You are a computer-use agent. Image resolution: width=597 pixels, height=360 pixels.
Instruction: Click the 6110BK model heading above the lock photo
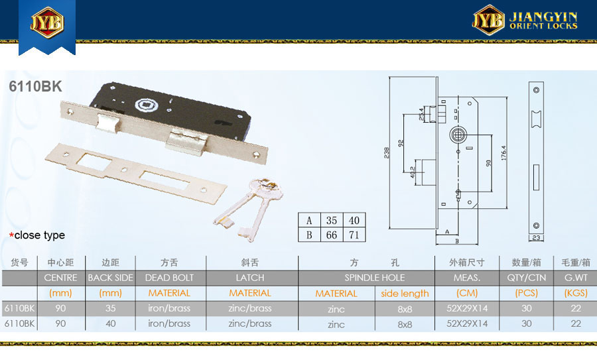point(35,86)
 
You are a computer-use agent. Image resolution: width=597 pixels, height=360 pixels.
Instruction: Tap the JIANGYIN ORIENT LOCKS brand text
point(543,21)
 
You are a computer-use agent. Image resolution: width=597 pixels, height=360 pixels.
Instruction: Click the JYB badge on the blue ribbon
point(47,22)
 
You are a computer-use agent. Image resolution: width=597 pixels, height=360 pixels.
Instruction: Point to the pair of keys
point(248,210)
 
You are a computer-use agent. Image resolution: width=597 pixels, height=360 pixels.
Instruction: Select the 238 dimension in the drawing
point(387,152)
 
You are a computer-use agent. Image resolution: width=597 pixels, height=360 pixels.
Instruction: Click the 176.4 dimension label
point(503,152)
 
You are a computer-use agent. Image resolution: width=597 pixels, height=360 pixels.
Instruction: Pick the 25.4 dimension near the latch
point(421,114)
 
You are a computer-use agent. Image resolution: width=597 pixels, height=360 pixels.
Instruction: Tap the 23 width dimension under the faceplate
point(536,238)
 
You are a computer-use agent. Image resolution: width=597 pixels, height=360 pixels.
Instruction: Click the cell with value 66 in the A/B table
point(332,235)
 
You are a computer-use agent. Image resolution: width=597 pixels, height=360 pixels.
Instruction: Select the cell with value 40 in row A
point(354,220)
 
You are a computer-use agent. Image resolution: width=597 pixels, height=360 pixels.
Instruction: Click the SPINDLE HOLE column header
point(375,278)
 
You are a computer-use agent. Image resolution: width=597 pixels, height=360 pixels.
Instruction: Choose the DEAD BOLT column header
point(169,278)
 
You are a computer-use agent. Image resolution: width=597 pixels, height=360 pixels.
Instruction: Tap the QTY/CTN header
point(526,278)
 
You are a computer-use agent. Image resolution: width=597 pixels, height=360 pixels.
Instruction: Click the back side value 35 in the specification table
point(110,308)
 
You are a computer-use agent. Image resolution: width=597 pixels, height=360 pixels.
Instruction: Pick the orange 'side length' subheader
point(405,294)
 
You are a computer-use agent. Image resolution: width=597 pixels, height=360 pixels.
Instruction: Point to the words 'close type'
point(40,235)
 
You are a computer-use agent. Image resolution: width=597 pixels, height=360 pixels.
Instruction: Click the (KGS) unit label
point(576,293)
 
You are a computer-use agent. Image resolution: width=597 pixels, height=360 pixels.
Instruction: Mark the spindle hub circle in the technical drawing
point(458,135)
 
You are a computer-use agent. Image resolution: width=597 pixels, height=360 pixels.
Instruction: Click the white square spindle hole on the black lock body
point(144,105)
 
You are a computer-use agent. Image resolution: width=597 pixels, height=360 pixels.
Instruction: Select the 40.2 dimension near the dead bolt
point(413,172)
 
